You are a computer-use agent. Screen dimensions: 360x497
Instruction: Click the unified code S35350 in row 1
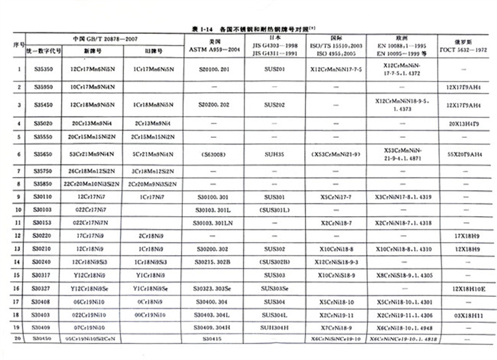[x=44, y=69]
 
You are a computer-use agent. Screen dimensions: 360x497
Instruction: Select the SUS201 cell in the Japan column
[x=274, y=69]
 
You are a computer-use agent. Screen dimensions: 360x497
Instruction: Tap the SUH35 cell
[x=274, y=152]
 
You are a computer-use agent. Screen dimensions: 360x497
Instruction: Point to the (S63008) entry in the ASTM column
[x=212, y=152]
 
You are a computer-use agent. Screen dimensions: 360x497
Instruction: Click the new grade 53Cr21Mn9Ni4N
[x=94, y=152]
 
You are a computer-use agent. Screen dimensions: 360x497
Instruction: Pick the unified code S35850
[x=44, y=184]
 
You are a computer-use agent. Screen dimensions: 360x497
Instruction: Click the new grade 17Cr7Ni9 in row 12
[x=94, y=235]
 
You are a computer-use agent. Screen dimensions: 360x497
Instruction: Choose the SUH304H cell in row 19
[x=274, y=327]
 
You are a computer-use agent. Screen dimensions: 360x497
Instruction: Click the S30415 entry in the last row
[x=212, y=339]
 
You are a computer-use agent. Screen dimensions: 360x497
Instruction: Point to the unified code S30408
[x=44, y=301]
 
